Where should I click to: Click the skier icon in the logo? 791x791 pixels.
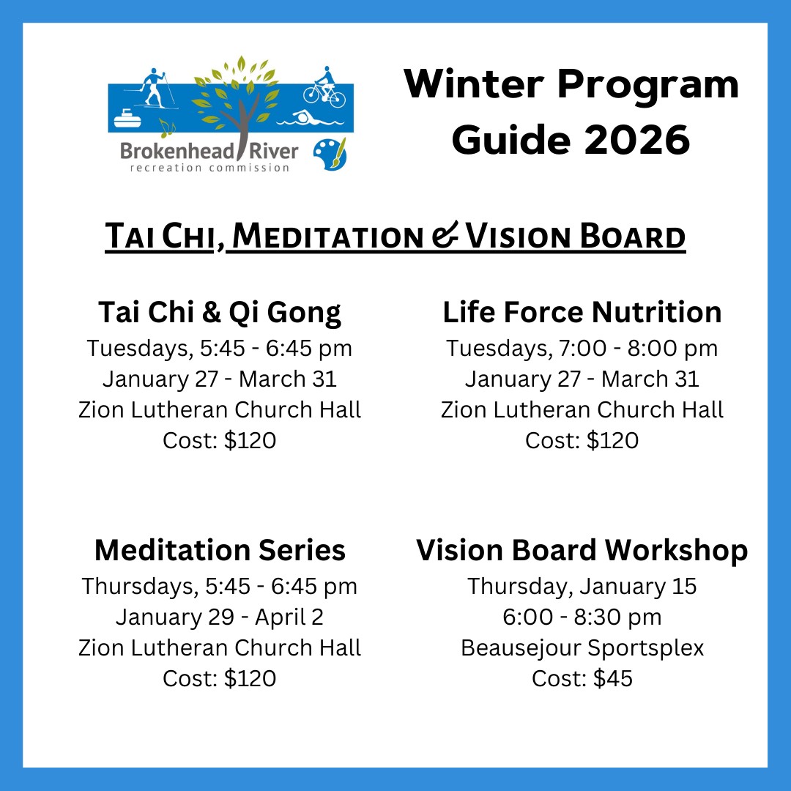[154, 90]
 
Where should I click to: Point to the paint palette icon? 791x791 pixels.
[330, 154]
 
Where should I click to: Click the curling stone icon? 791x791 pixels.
[127, 119]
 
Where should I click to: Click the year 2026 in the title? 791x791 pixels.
[637, 140]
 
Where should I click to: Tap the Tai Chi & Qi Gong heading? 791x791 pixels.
[220, 312]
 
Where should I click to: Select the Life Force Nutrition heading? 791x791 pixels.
[582, 312]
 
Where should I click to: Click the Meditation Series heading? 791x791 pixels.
[220, 550]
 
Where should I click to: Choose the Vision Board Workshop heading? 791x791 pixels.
[582, 550]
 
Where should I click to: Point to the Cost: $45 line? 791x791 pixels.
[582, 678]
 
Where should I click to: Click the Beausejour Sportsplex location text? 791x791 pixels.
[582, 647]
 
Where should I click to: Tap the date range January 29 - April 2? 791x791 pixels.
[220, 617]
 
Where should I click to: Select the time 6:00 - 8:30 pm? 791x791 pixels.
[582, 617]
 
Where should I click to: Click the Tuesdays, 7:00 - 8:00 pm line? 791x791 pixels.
[582, 348]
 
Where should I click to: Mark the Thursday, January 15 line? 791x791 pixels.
[582, 586]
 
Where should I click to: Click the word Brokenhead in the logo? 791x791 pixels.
[177, 152]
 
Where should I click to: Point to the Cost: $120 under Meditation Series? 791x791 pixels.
[220, 678]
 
